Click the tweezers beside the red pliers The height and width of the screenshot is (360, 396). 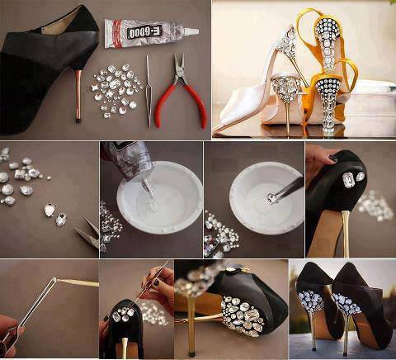tap(148, 91)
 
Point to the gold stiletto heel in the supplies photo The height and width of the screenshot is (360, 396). tap(78, 95)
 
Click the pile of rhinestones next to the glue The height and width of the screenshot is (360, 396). tap(116, 90)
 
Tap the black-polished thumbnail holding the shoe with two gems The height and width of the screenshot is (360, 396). tap(332, 159)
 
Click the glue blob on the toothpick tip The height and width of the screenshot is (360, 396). tap(55, 279)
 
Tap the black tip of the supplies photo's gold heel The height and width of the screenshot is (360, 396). tap(78, 120)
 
